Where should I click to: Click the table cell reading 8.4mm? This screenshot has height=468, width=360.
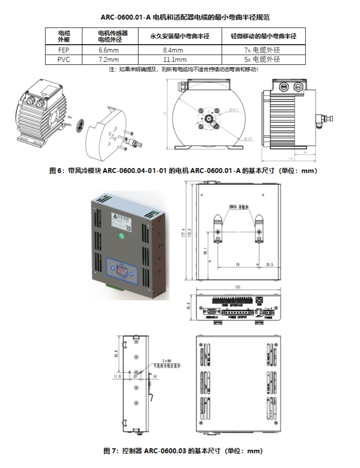tap(173, 50)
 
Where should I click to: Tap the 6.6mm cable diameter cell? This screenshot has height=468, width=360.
tap(109, 50)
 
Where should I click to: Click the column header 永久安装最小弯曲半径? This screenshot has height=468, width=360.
tap(179, 36)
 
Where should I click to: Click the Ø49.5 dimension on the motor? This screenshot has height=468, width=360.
tap(234, 110)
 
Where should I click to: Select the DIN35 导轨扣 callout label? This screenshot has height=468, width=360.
tap(238, 207)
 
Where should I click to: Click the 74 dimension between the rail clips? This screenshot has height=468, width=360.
tap(238, 265)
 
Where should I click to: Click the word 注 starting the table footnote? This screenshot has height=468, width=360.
tap(112, 69)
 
